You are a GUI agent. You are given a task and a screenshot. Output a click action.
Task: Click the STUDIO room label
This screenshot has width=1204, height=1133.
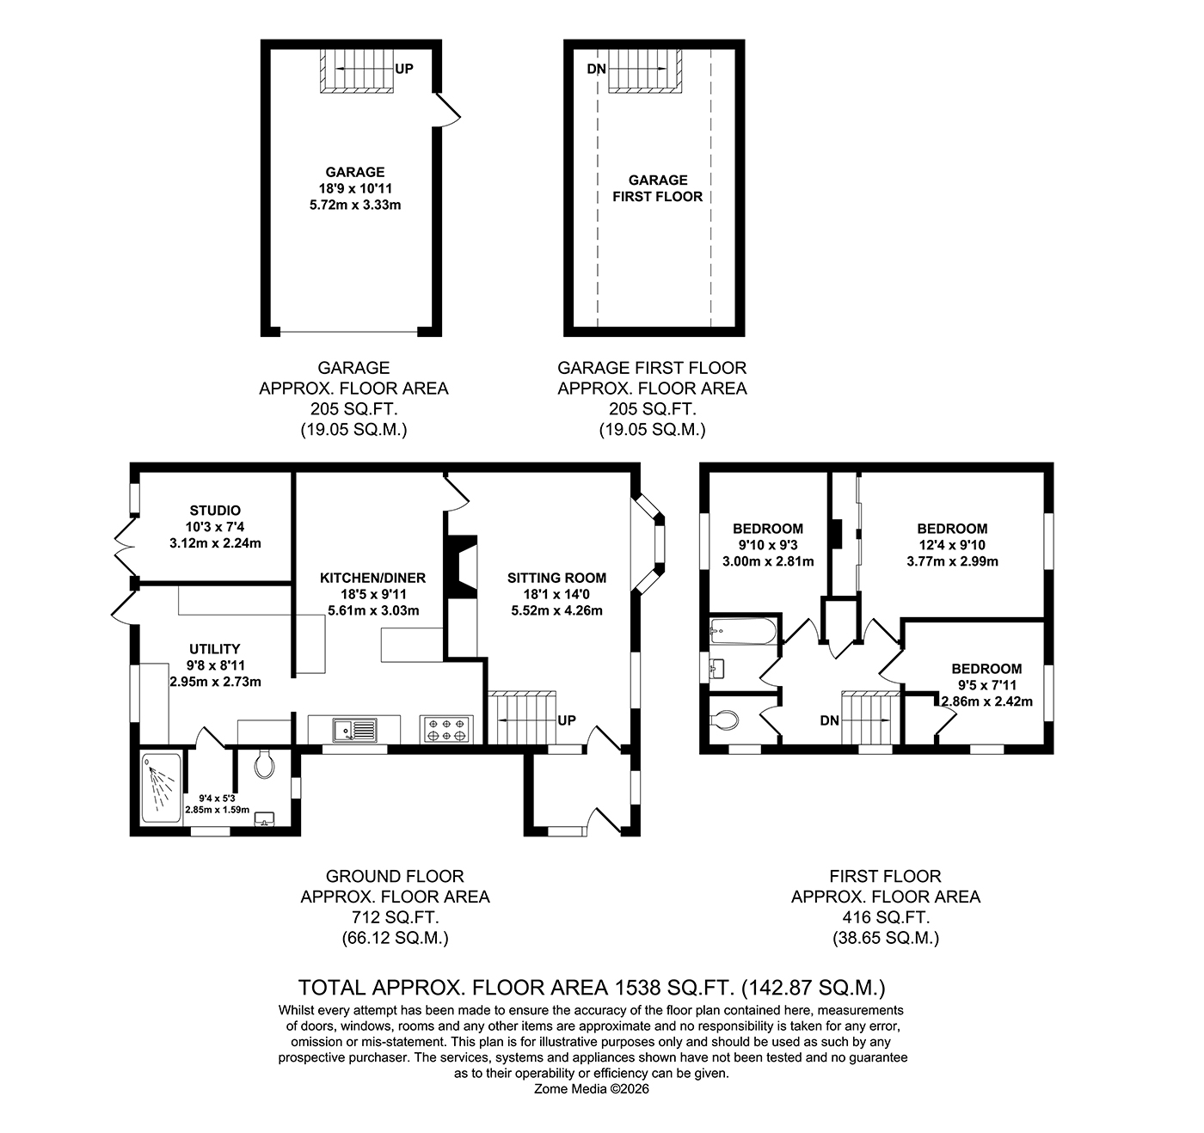click(215, 511)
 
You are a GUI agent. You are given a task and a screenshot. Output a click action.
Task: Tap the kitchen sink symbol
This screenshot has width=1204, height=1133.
click(354, 730)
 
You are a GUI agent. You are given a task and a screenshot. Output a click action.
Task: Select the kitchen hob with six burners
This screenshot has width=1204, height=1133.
click(446, 729)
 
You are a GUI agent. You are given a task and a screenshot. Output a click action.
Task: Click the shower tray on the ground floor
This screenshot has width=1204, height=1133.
click(161, 787)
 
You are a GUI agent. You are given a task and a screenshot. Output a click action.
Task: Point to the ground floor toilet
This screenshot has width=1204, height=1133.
click(264, 764)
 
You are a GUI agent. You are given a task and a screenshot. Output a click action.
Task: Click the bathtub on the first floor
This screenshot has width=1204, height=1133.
click(743, 631)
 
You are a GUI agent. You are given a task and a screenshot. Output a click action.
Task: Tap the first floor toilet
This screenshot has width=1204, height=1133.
click(724, 720)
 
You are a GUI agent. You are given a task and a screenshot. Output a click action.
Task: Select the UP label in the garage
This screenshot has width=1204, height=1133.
click(403, 69)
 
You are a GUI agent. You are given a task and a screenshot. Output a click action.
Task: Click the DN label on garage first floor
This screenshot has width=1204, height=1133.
click(597, 69)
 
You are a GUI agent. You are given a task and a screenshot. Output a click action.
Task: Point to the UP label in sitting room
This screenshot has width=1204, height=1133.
click(566, 720)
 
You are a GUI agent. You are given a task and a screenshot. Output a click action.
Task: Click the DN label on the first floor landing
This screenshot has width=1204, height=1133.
click(829, 720)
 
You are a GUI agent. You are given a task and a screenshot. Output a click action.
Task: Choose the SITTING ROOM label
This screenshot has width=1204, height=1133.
click(556, 578)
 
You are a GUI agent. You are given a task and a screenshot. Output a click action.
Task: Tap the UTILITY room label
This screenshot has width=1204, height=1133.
click(215, 649)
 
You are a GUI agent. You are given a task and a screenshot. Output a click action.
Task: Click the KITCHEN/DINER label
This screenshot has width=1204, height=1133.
click(373, 578)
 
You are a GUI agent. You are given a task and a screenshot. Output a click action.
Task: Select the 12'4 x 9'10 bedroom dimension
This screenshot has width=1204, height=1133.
click(952, 545)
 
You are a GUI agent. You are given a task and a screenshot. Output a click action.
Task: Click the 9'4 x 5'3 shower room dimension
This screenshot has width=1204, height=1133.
click(217, 799)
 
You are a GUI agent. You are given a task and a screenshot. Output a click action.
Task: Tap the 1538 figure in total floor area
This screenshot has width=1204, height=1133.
click(637, 988)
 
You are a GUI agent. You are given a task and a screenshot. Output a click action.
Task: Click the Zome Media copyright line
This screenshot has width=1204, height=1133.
click(591, 1089)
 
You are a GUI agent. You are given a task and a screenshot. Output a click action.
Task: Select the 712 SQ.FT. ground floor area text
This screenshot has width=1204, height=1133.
click(395, 917)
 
